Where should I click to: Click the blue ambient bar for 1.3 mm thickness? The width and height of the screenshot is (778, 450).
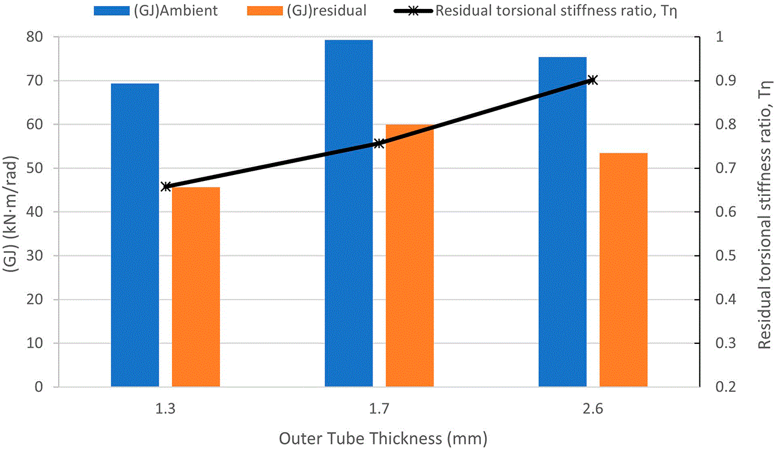135,235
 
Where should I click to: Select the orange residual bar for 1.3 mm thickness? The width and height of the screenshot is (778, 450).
196,287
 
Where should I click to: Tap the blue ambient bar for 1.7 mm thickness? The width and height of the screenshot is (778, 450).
349,213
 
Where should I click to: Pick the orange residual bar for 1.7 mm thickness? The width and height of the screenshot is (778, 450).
410,255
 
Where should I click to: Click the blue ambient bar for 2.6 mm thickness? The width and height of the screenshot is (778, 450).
562,222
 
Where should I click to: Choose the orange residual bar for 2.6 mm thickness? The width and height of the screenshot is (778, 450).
624,270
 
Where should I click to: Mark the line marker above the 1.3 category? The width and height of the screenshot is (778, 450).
166,186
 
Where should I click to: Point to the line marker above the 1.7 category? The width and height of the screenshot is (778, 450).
379,144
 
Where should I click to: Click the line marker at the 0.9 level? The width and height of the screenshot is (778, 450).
593,80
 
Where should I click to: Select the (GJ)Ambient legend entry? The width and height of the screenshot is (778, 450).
156,10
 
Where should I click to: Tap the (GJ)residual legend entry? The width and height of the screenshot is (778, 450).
307,10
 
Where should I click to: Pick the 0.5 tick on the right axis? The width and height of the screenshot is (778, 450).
725,255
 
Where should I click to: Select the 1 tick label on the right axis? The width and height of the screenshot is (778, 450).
719,37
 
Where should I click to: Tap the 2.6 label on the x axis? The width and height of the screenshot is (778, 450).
593,409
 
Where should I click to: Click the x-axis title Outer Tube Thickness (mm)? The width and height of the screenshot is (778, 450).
383,439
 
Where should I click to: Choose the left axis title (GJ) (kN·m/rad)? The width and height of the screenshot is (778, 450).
10,214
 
